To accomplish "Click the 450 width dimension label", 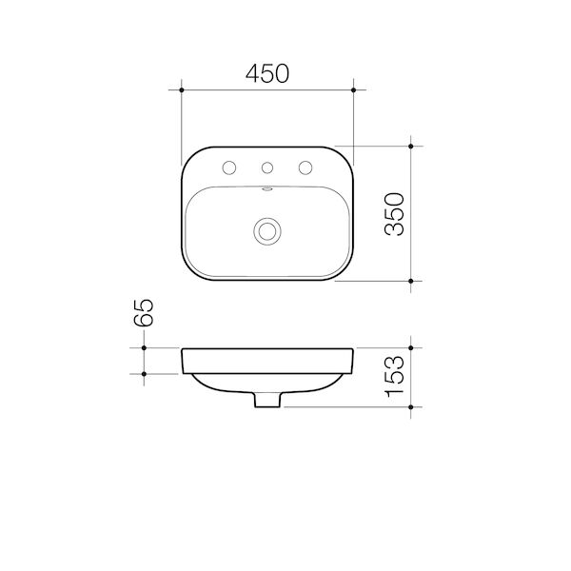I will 267,73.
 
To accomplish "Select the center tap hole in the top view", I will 267,168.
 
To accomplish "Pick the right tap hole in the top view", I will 306,168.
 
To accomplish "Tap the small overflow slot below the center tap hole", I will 267,189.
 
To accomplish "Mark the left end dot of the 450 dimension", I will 181,90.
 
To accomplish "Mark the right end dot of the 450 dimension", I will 354,90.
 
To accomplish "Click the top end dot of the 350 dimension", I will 410,147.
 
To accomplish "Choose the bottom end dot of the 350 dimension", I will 410,282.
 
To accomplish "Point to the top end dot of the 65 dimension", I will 143,349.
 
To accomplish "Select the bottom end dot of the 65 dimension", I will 143,374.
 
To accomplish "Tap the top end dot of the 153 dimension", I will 410,349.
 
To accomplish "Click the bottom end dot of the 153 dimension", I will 410,407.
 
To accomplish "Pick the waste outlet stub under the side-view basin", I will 267,401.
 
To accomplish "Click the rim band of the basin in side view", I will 267,362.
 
